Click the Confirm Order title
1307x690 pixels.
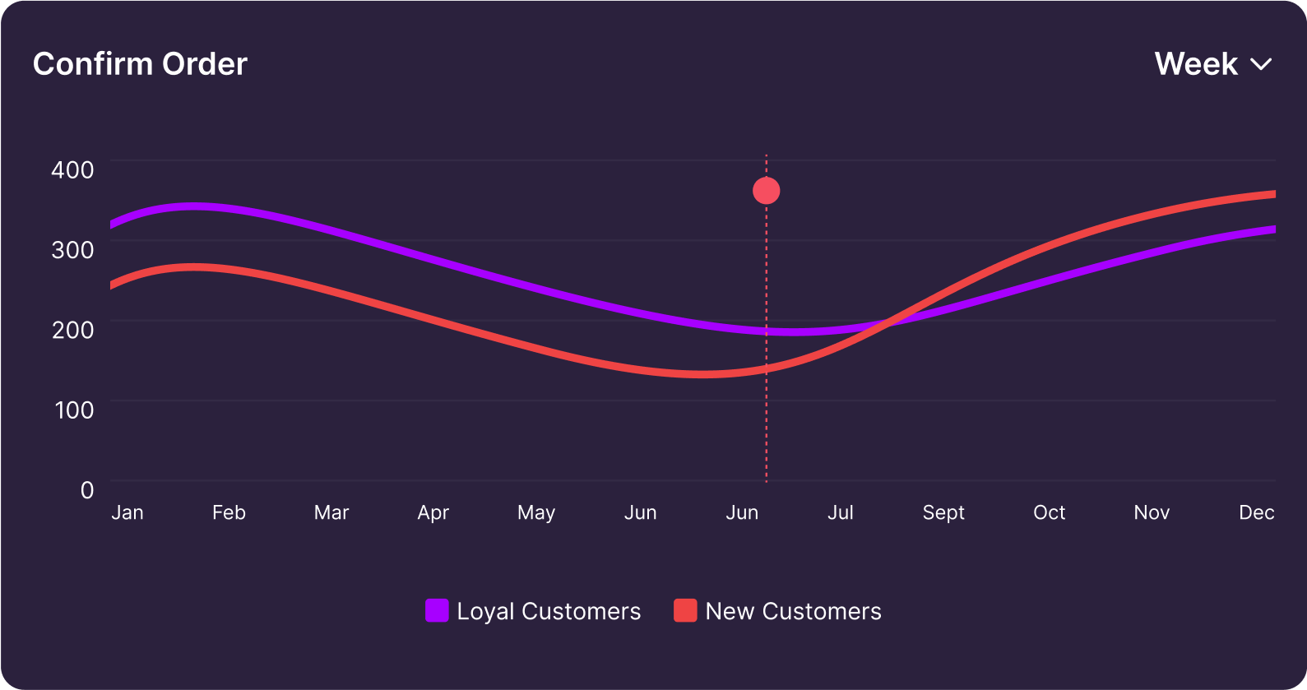pos(140,64)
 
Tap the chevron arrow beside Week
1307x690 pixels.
pos(1261,64)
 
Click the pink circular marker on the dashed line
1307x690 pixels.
pos(767,191)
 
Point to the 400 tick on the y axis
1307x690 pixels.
pos(72,169)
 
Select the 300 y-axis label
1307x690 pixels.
pos(72,249)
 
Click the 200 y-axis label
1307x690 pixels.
pos(72,330)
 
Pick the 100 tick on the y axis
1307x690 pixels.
pos(74,410)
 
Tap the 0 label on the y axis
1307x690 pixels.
pos(87,490)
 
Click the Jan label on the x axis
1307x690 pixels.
pos(127,512)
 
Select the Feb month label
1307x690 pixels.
pos(229,512)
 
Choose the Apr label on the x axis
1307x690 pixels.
pos(433,512)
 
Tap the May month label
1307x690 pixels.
pos(536,512)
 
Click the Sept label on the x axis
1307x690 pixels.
pos(943,512)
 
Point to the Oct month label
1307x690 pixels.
pos(1049,512)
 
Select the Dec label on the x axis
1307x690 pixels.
pos(1256,512)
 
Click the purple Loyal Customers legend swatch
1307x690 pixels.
pos(437,610)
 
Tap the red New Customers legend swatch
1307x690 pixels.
pos(685,610)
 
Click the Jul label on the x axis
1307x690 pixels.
pos(841,512)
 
